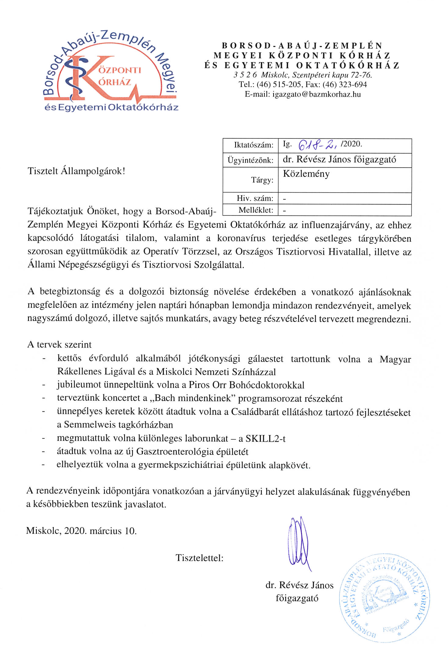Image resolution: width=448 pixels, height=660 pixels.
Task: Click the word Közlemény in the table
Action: [306, 174]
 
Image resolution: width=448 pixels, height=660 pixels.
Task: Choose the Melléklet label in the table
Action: [255, 210]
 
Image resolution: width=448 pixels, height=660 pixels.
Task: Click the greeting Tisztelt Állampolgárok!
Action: [76, 171]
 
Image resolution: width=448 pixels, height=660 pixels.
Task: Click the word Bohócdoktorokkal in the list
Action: [266, 385]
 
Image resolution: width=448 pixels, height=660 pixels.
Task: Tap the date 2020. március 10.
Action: [100, 531]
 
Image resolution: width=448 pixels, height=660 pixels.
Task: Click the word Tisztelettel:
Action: [199, 558]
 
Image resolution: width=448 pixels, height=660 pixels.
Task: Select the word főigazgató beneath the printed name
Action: [297, 598]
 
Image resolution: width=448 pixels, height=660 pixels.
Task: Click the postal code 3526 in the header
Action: [245, 75]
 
